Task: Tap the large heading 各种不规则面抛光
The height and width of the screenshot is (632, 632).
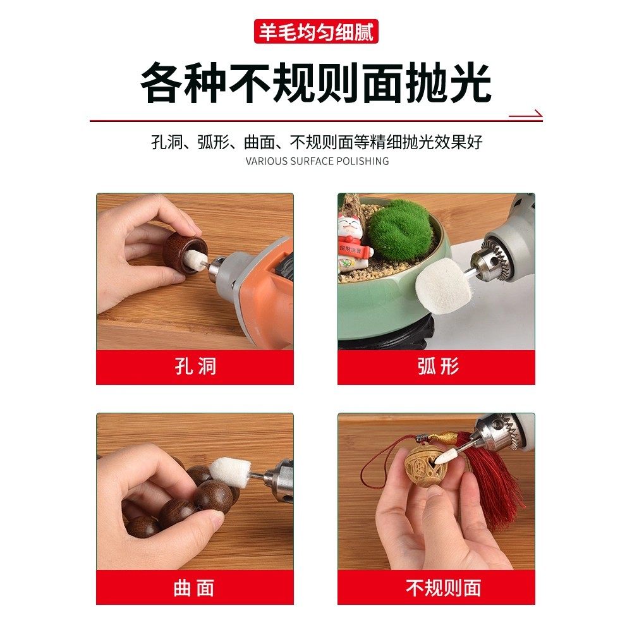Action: (316, 82)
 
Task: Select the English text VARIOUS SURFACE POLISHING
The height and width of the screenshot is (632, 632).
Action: (317, 161)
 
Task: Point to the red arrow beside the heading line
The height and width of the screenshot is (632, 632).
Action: (526, 115)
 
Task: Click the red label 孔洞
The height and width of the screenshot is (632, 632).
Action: (195, 367)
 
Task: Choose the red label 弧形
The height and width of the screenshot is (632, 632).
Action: (437, 367)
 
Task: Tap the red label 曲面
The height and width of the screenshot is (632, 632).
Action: (195, 588)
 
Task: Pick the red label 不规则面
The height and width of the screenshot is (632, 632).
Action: (437, 588)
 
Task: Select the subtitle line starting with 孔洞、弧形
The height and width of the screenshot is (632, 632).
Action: (317, 142)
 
